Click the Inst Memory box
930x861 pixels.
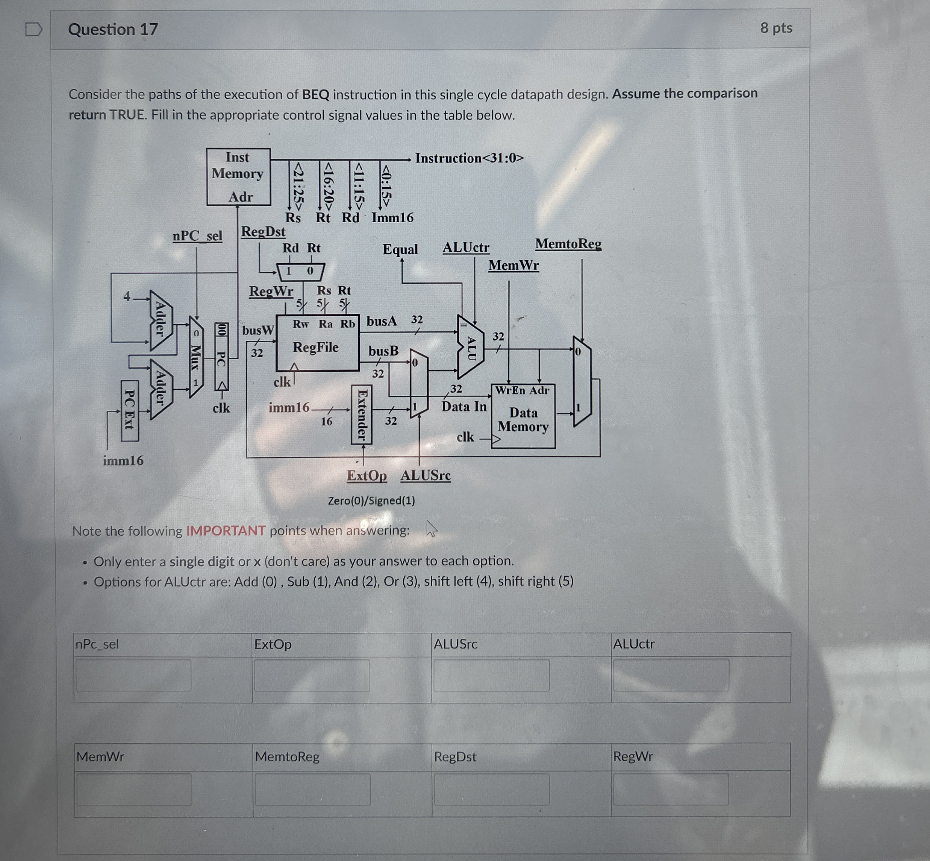238,177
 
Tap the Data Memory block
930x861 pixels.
523,416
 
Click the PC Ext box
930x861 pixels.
130,410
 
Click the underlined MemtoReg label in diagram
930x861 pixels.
568,244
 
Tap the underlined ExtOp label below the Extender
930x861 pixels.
367,476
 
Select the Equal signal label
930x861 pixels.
400,249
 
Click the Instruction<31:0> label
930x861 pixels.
470,158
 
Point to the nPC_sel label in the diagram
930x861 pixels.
197,236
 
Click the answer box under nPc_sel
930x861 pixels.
133,675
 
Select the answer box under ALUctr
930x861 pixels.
671,675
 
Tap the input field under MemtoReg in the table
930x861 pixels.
312,789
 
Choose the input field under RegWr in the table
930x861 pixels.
671,789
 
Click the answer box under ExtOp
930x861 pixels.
312,675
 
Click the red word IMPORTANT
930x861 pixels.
226,531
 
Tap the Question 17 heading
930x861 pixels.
113,30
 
